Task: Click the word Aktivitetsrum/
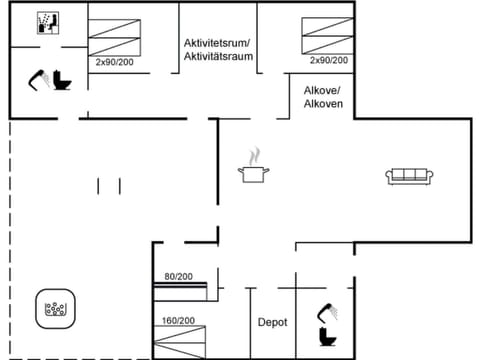click(x=217, y=43)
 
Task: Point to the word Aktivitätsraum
click(x=217, y=57)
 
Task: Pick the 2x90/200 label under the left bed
click(x=116, y=61)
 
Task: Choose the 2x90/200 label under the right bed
click(x=329, y=61)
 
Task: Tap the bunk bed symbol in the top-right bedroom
click(x=327, y=36)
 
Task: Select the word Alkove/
click(x=323, y=89)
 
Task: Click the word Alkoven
click(x=323, y=103)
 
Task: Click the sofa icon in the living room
click(x=408, y=176)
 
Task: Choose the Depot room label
click(x=272, y=322)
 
